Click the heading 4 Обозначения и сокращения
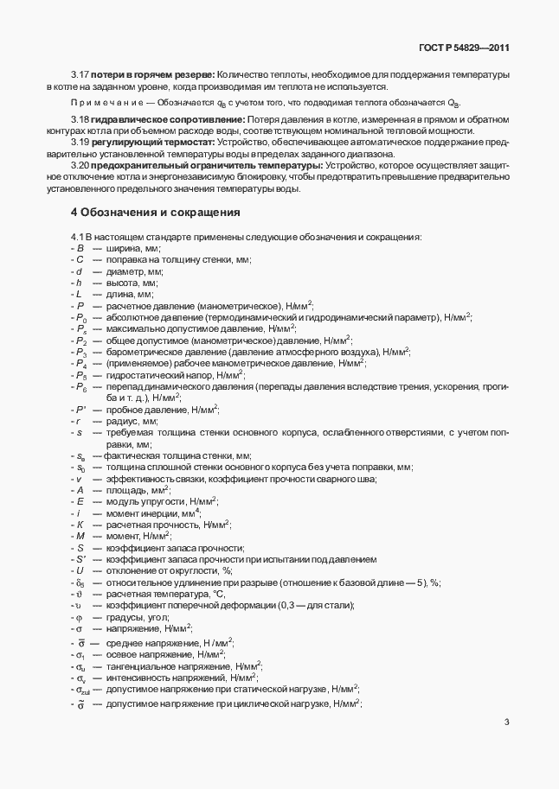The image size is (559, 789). tap(155, 212)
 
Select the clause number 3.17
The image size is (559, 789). tap(80, 74)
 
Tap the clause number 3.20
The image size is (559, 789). tap(80, 164)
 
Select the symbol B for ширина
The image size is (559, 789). tap(80, 248)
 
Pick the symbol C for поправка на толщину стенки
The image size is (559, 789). tap(80, 259)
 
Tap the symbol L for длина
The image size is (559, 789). tap(79, 294)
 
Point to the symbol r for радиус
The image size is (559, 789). tap(79, 420)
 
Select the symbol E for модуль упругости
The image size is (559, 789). tap(80, 501)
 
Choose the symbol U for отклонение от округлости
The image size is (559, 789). tap(80, 570)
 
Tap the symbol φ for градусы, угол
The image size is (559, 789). tap(79, 617)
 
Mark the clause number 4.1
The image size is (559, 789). tap(77, 237)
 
